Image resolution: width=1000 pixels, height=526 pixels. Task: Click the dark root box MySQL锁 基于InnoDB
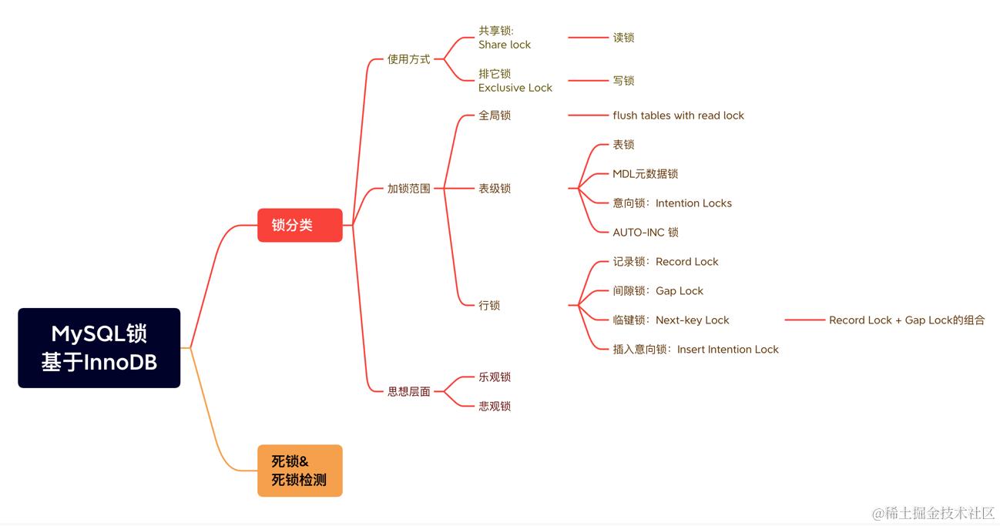click(x=99, y=347)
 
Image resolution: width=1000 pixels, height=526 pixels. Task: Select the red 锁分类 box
click(x=300, y=225)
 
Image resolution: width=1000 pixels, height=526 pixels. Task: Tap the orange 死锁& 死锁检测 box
click(x=300, y=471)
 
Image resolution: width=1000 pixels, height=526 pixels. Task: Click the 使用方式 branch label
click(x=408, y=59)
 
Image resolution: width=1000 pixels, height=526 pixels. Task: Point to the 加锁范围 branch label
click(x=408, y=188)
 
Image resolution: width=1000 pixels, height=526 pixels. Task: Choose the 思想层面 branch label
click(x=408, y=391)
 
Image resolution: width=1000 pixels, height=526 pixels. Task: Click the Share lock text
click(x=505, y=45)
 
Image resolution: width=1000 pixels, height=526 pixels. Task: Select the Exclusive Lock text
click(x=515, y=88)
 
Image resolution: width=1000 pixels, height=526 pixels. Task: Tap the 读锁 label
click(x=623, y=38)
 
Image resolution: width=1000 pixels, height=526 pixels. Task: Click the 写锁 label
click(x=623, y=81)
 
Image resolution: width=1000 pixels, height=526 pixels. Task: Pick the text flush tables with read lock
click(x=678, y=116)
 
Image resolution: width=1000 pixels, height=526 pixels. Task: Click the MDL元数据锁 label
click(x=645, y=173)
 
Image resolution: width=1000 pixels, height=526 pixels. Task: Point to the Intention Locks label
click(x=693, y=203)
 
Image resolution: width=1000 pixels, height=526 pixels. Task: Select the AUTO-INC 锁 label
click(x=646, y=232)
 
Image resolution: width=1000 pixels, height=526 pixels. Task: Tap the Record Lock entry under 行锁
click(x=686, y=261)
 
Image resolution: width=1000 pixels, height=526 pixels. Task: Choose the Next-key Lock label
click(x=692, y=320)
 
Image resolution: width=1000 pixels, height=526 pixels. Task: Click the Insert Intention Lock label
click(x=728, y=350)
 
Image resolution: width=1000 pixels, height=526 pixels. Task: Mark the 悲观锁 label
click(x=494, y=406)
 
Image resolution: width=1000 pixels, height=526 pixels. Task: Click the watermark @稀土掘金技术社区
click(x=934, y=513)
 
